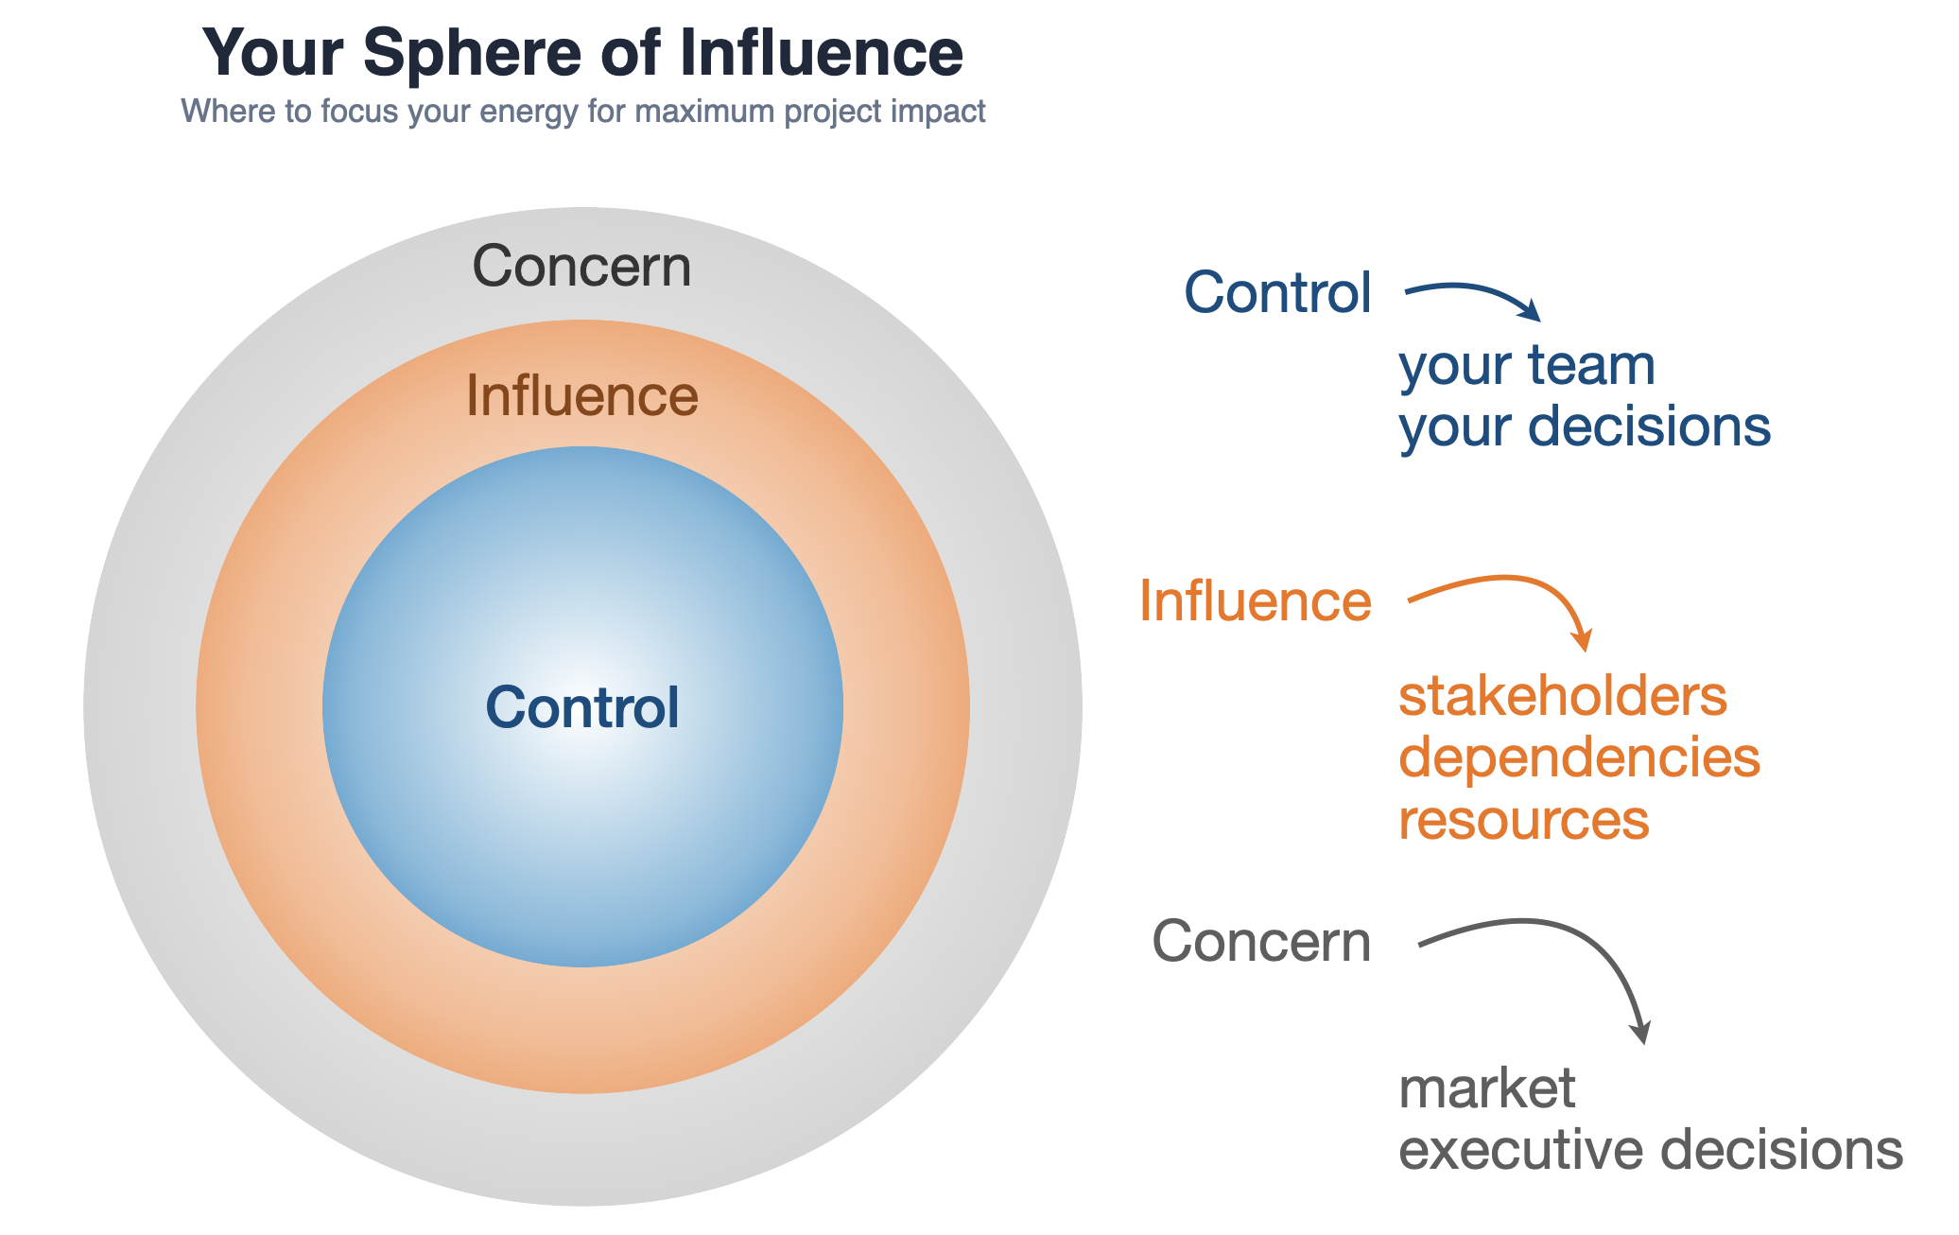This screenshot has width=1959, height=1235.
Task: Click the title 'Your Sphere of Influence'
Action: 582,53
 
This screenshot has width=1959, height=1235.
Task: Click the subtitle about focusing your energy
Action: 582,112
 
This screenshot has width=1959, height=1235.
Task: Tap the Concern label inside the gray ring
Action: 581,267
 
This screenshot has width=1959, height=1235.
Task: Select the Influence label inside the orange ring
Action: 581,395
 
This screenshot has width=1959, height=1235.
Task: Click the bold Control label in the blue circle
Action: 581,707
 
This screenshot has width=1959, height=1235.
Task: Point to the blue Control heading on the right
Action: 1276,292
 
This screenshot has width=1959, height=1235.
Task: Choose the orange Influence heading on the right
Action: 1255,600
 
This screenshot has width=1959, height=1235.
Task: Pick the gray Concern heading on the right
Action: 1260,942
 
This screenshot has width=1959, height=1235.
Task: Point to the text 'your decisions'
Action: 1584,426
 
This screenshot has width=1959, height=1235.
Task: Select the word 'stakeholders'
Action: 1562,697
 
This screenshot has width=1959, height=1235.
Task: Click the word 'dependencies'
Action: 1579,758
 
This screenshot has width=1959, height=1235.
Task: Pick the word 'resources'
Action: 1523,820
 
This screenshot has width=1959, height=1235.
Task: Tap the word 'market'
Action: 1486,1088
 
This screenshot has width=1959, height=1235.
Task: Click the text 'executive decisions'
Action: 1650,1150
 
